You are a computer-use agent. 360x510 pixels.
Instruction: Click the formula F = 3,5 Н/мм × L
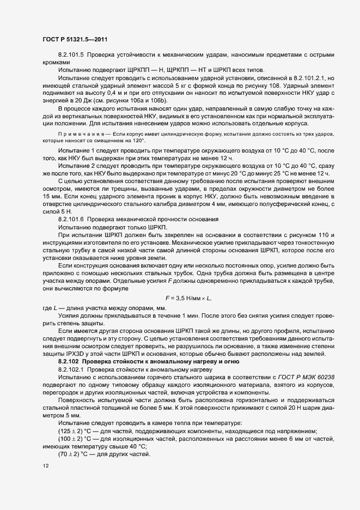[x=187, y=297]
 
